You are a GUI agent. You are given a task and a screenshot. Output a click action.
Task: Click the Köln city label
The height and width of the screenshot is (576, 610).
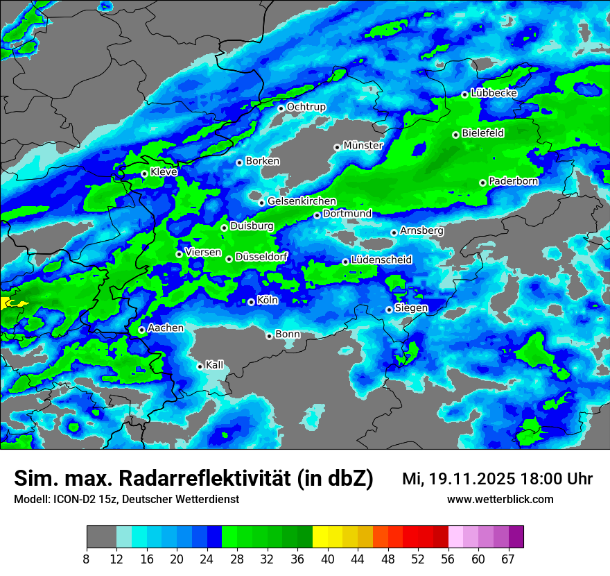(x=267, y=300)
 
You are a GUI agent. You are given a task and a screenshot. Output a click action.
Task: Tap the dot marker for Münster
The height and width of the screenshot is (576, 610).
(x=337, y=147)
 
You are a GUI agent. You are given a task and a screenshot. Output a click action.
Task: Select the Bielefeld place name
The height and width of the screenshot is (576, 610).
(x=482, y=133)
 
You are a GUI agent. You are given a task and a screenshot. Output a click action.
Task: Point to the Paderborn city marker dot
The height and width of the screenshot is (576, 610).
(x=482, y=183)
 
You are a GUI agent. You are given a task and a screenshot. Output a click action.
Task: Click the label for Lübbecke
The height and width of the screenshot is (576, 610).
(x=494, y=93)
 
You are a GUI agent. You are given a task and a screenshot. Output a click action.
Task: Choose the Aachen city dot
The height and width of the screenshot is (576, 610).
(x=141, y=330)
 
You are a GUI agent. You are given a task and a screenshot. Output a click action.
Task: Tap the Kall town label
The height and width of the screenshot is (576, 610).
(x=214, y=365)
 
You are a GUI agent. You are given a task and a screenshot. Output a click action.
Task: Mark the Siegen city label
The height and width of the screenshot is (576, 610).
(x=411, y=307)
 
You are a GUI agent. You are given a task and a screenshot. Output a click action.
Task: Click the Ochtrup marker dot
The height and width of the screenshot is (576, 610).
(x=281, y=108)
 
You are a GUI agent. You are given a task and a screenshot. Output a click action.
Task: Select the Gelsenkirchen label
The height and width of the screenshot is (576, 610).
(x=302, y=201)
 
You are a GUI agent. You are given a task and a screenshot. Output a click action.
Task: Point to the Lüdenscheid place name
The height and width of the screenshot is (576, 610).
(x=381, y=260)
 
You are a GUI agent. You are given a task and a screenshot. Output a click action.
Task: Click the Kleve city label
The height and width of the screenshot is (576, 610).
(x=164, y=172)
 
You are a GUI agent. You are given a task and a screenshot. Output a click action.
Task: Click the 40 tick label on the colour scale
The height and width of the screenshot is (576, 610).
(x=328, y=559)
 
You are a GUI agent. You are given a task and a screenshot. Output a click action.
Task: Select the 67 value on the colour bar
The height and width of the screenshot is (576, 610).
(x=508, y=559)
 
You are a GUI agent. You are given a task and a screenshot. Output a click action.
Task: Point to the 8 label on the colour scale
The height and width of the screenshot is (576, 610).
(x=86, y=559)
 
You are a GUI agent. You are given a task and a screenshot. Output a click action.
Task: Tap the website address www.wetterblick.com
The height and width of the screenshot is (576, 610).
(x=500, y=500)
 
